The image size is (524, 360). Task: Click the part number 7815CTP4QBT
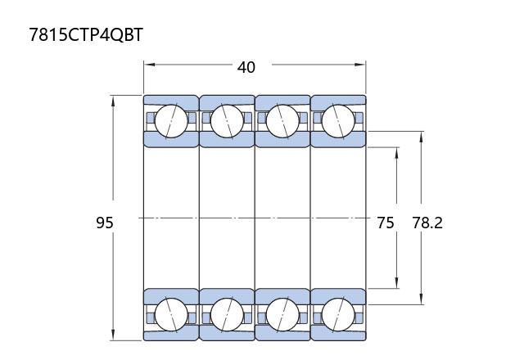tap(86, 34)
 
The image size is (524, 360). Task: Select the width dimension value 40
tap(246, 67)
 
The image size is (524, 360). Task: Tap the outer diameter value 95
tap(105, 223)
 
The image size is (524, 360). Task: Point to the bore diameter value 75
tap(386, 223)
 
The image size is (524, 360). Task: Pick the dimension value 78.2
tap(427, 223)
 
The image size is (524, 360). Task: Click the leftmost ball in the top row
tap(171, 121)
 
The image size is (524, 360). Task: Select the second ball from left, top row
tap(227, 121)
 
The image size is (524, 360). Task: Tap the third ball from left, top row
tap(282, 121)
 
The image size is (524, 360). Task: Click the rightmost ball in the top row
tap(338, 121)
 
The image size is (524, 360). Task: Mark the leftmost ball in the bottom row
tap(171, 315)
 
